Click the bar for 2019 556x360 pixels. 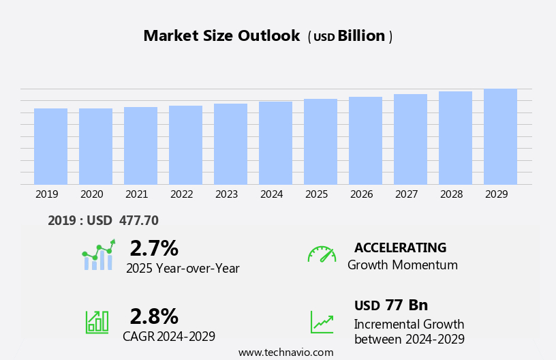50,146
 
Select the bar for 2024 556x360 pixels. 275,142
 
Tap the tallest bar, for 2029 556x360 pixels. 500,136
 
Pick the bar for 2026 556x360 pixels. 365,140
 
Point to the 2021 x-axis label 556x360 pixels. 136,194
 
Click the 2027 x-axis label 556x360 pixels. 406,194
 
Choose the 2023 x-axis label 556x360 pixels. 226,194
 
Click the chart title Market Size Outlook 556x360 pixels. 221,36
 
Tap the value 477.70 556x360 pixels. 138,220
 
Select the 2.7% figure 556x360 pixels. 154,248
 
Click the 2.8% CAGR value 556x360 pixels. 154,316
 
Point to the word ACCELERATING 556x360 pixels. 400,247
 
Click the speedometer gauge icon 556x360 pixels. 322,254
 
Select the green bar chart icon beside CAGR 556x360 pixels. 97,321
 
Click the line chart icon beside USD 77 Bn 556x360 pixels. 322,322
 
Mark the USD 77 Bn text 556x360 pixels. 391,305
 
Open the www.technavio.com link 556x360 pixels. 285,352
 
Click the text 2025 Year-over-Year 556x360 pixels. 183,269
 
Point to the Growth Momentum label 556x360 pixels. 402,265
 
